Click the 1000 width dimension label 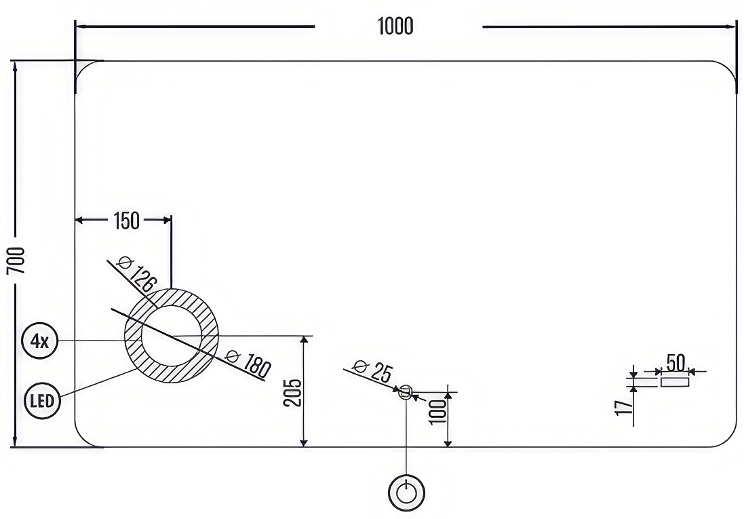pyautogui.click(x=395, y=26)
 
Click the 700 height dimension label pyautogui.click(x=16, y=261)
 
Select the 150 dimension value pyautogui.click(x=127, y=220)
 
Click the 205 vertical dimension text pyautogui.click(x=293, y=392)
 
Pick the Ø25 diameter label pyautogui.click(x=372, y=371)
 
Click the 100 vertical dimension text pyautogui.click(x=439, y=412)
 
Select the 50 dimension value pyautogui.click(x=676, y=363)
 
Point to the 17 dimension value pyautogui.click(x=624, y=408)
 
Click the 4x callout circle pyautogui.click(x=40, y=341)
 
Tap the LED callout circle pyautogui.click(x=42, y=401)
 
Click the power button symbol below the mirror pyautogui.click(x=406, y=493)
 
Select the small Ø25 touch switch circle pyautogui.click(x=406, y=392)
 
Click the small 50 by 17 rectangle pyautogui.click(x=676, y=382)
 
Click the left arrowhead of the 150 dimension pyautogui.click(x=80, y=220)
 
